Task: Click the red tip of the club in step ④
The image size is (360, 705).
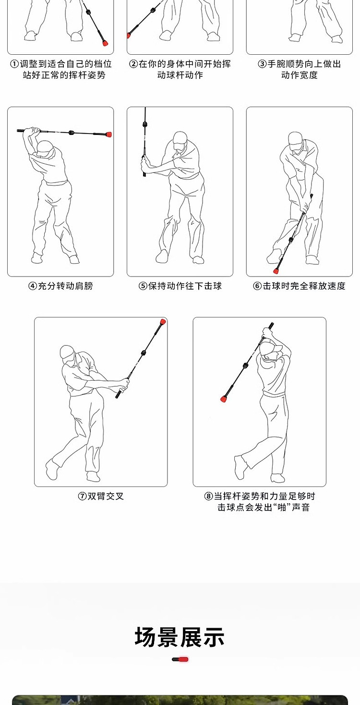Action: [109, 134]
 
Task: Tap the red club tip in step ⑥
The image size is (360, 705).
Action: [276, 270]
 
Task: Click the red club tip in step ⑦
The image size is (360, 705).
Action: [163, 321]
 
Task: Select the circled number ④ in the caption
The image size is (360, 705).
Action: [33, 286]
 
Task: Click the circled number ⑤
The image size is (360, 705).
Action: [143, 286]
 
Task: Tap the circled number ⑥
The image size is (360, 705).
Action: [257, 286]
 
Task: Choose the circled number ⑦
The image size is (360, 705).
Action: [82, 496]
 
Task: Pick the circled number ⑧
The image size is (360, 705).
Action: [209, 496]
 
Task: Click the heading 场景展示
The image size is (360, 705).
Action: [180, 637]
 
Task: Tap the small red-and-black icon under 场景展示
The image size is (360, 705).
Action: [180, 659]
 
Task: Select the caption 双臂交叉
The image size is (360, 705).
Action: [106, 496]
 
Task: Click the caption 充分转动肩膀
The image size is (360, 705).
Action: [65, 286]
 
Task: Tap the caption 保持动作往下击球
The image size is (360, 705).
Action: [185, 286]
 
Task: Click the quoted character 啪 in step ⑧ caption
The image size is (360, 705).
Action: [280, 507]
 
